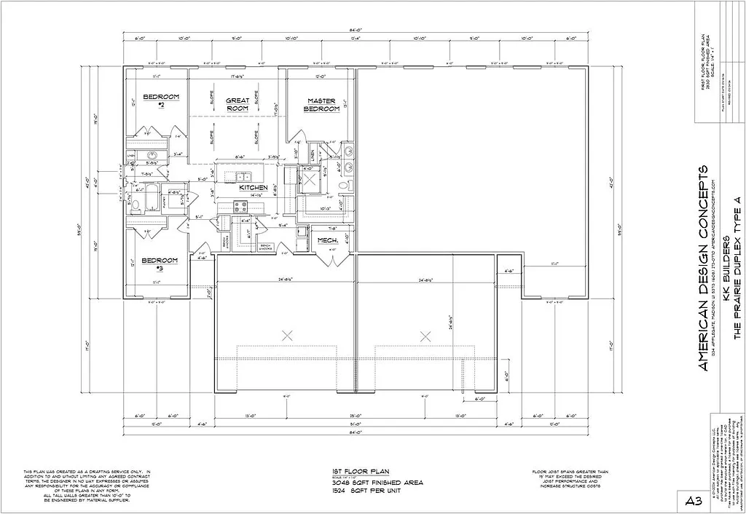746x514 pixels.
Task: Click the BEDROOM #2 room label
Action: coord(160,100)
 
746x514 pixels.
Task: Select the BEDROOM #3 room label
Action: coord(160,264)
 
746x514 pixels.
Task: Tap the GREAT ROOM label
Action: coord(237,104)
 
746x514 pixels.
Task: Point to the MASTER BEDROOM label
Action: coord(321,105)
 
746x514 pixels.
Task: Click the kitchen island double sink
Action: coord(241,177)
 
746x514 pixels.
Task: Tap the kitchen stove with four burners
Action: coord(240,207)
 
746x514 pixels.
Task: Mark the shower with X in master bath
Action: coord(310,179)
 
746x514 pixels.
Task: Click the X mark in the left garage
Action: coord(287,335)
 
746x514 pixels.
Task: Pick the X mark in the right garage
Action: coord(425,335)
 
